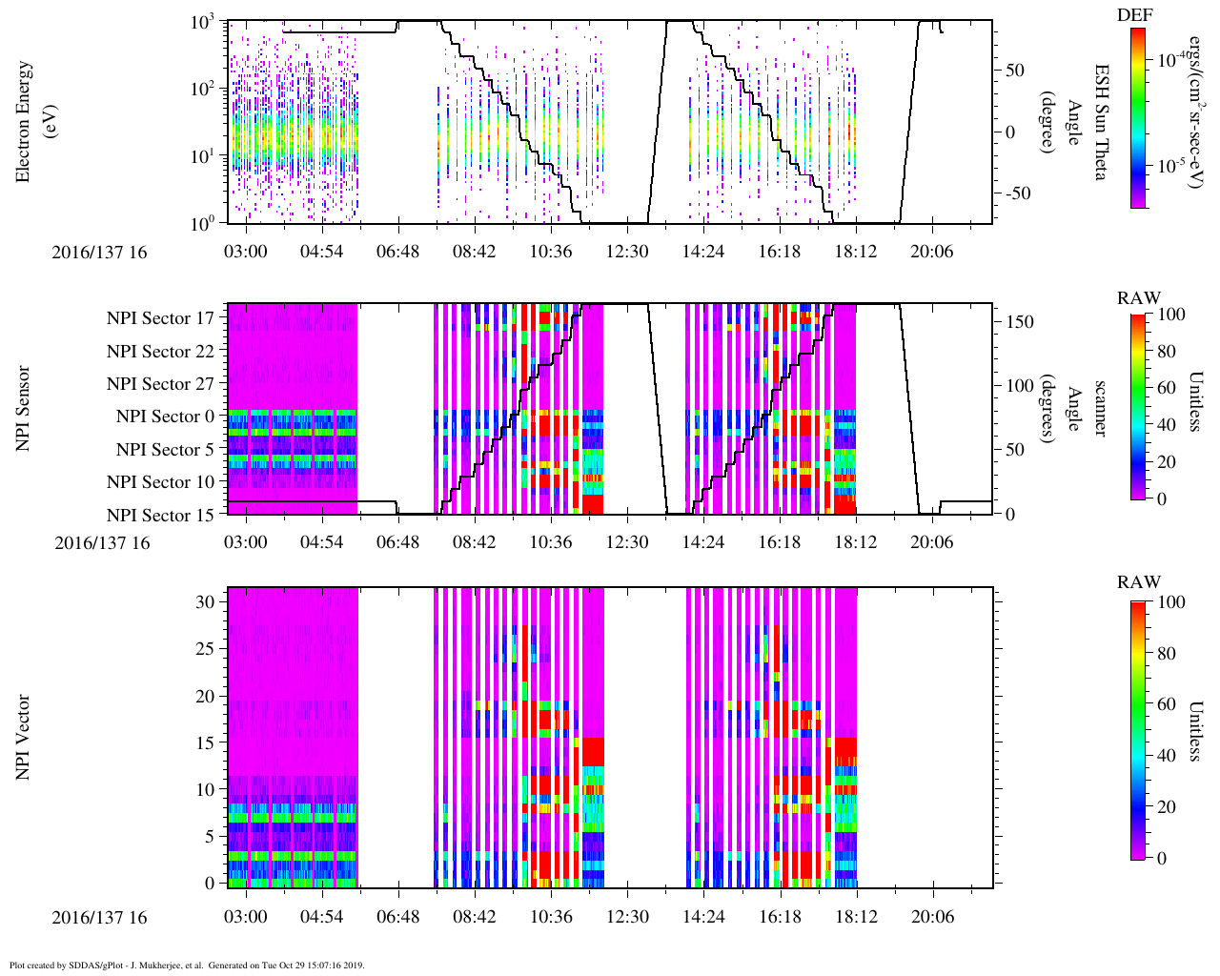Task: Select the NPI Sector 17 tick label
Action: tap(161, 318)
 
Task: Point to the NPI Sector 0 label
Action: tap(166, 417)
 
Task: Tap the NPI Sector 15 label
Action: tap(161, 516)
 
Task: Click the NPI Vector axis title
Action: tap(23, 738)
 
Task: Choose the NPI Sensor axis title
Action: tap(23, 409)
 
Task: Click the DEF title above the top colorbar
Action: tap(1134, 15)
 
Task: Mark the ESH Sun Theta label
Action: tap(1101, 122)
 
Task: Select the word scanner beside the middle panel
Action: tap(1101, 409)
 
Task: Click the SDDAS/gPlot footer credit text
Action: tap(187, 966)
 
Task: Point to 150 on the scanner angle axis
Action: tap(1021, 322)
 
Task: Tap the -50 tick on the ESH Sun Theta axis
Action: tap(1018, 193)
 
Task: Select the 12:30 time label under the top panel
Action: tap(627, 252)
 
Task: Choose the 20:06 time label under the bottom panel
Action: tap(932, 917)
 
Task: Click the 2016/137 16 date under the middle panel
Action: tap(102, 543)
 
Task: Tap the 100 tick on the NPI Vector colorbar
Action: tap(1170, 602)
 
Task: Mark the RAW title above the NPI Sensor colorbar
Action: tap(1139, 298)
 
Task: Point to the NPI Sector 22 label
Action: tap(161, 352)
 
